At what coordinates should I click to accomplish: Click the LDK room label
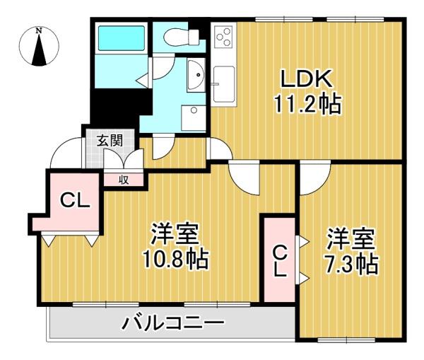pyautogui.click(x=307, y=79)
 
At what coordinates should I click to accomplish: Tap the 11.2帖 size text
pyautogui.click(x=307, y=104)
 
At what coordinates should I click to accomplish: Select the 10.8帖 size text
pyautogui.click(x=176, y=259)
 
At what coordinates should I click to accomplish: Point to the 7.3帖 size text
pyautogui.click(x=351, y=265)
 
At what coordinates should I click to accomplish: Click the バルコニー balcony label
pyautogui.click(x=174, y=323)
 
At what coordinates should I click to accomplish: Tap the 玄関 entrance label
pyautogui.click(x=110, y=141)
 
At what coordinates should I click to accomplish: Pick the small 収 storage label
pyautogui.click(x=124, y=180)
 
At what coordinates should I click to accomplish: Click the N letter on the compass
pyautogui.click(x=40, y=30)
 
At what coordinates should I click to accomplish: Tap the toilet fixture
pyautogui.click(x=182, y=37)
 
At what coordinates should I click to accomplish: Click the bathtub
pyautogui.click(x=122, y=38)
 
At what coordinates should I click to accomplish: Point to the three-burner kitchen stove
pyautogui.click(x=223, y=37)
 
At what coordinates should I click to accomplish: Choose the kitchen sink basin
pyautogui.click(x=223, y=83)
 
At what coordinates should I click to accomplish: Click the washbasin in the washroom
pyautogui.click(x=196, y=75)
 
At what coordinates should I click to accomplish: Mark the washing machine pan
pyautogui.click(x=194, y=117)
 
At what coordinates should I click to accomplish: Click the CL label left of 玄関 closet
pyautogui.click(x=75, y=201)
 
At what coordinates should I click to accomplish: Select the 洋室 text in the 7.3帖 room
pyautogui.click(x=351, y=239)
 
